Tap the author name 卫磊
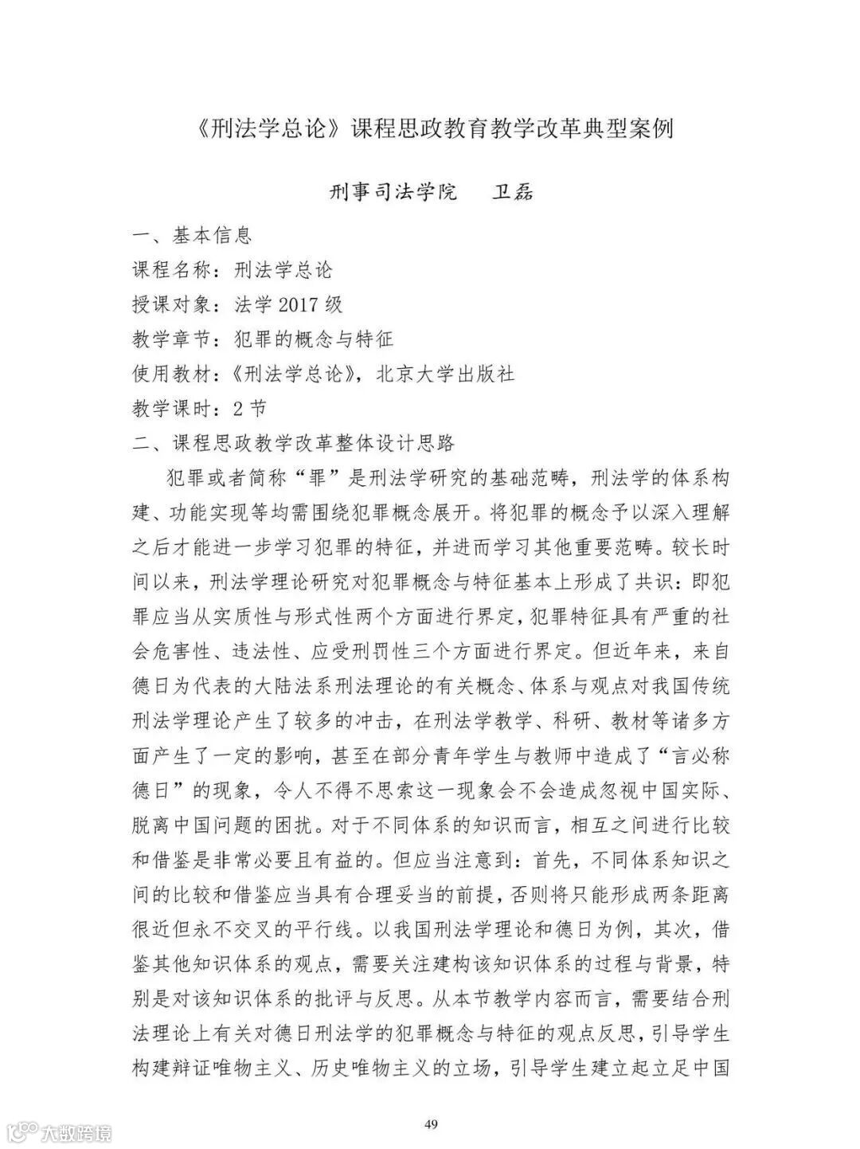(x=512, y=192)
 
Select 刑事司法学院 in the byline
(x=393, y=192)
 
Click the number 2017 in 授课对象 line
(x=299, y=304)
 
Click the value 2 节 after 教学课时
(x=249, y=409)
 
